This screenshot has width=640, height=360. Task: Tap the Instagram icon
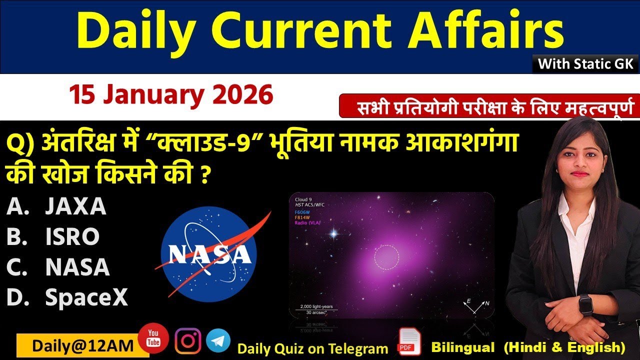[x=188, y=340]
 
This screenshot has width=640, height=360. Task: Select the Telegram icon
[x=218, y=340]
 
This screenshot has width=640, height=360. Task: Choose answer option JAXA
[x=75, y=206]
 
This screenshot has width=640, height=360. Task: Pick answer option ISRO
[x=72, y=237]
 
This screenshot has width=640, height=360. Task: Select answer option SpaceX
[x=86, y=298]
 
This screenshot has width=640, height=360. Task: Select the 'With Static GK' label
[x=585, y=64]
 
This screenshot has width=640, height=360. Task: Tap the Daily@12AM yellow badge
[x=76, y=345]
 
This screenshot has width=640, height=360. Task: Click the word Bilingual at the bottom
[x=462, y=347]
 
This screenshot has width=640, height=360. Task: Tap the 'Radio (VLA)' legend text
[x=308, y=222]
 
